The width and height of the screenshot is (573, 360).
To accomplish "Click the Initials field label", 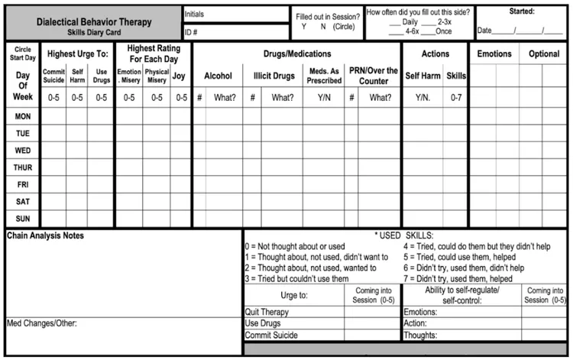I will tap(196, 14).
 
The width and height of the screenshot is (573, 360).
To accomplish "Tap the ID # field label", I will tap(192, 31).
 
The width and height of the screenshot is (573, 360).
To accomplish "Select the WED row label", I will tap(22, 151).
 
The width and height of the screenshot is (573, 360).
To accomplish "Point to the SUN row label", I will tap(22, 219).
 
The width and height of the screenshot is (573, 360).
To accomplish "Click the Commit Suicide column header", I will tap(53, 76).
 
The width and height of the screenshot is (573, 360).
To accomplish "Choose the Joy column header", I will tap(180, 76).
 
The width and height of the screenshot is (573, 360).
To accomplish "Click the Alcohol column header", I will tap(217, 76).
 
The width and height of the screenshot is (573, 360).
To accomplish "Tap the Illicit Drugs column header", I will tap(273, 76).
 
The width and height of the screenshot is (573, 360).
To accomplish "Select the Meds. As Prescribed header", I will tap(323, 76).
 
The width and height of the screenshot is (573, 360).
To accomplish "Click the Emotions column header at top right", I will tap(494, 54).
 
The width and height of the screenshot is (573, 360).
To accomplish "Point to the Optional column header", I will tap(543, 54).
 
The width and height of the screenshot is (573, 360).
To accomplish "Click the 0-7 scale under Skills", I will tap(456, 98).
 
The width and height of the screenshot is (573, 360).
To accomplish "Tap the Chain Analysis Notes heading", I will tap(45, 235).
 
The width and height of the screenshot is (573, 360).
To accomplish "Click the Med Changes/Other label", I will tap(42, 323).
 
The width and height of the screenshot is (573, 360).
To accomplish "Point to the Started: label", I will tap(523, 11).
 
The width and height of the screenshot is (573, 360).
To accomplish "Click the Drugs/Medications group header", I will tap(296, 54).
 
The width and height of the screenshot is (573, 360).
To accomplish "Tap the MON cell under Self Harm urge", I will tap(77, 116).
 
